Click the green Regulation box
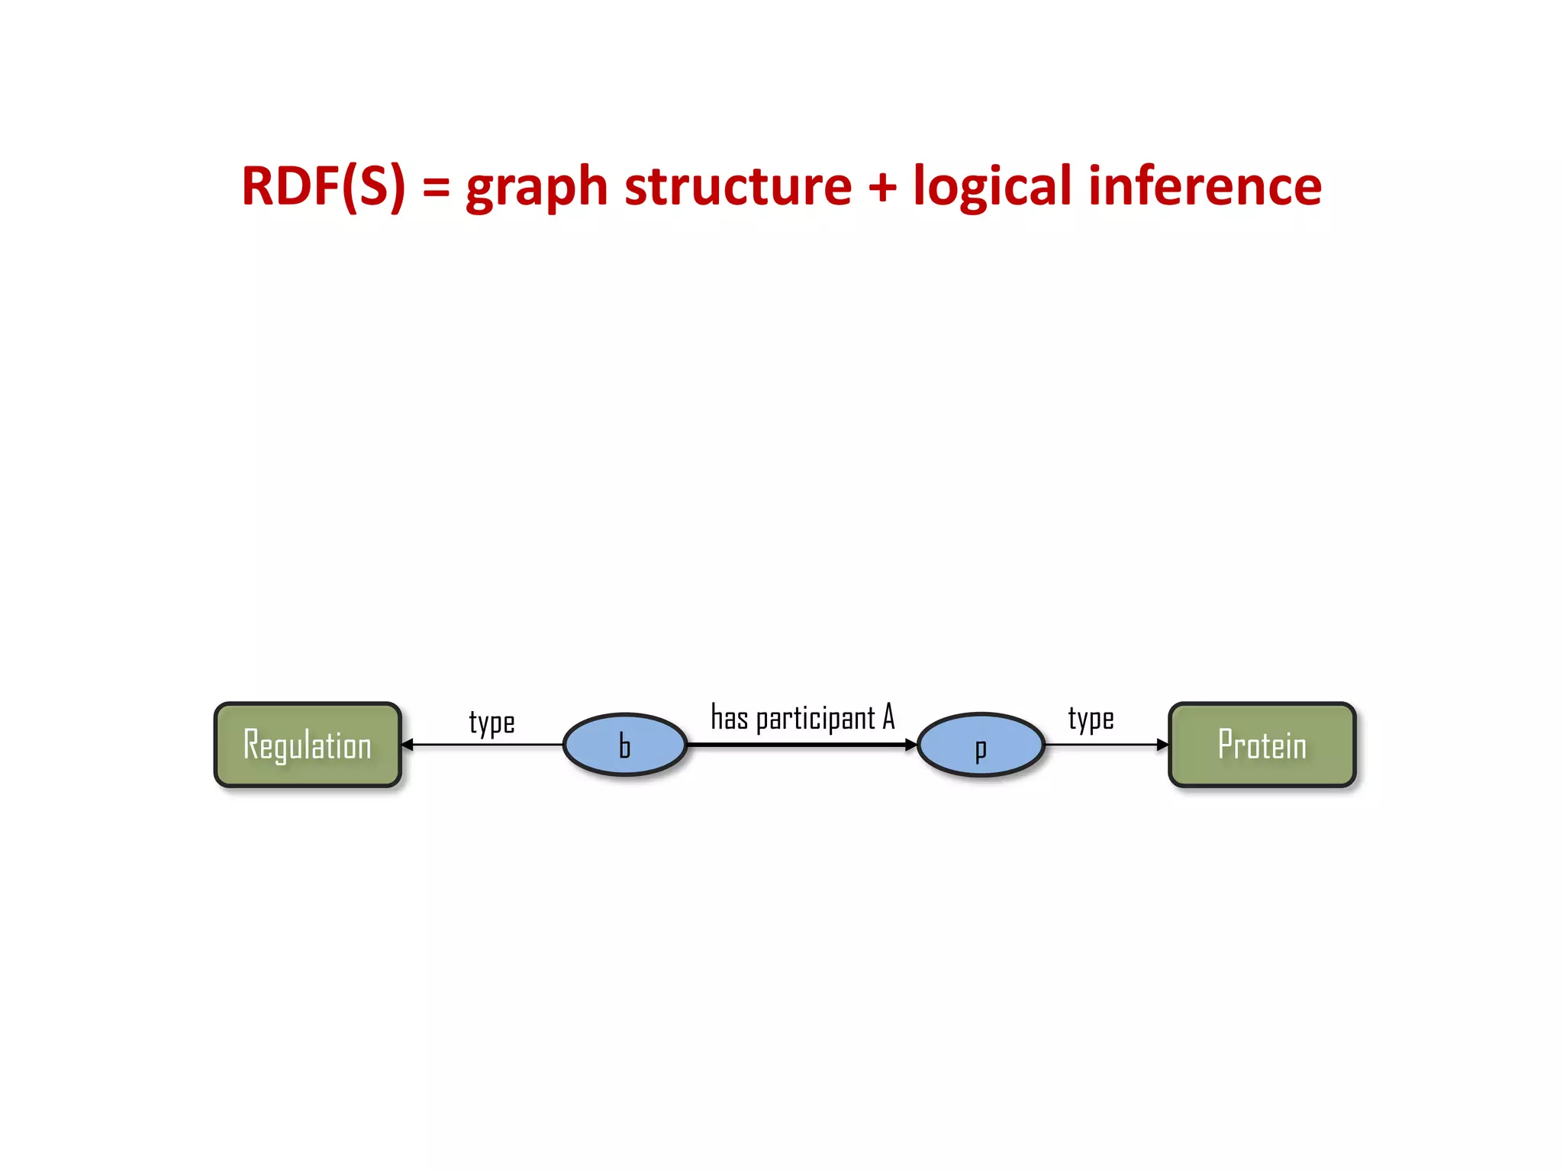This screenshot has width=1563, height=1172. click(308, 745)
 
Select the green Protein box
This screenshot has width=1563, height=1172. click(1262, 745)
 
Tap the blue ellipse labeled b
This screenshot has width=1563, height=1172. click(625, 745)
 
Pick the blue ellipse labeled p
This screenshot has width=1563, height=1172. click(981, 745)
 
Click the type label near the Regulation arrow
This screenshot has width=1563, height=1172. click(491, 722)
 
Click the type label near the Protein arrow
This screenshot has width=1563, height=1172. click(1091, 719)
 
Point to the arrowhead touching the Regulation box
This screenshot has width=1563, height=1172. click(408, 745)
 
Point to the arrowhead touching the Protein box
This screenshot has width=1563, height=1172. click(1162, 745)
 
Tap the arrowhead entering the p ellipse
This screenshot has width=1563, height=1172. click(910, 745)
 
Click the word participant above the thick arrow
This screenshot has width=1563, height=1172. click(815, 719)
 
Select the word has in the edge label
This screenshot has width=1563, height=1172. click(729, 717)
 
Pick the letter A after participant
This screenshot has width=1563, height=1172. click(888, 717)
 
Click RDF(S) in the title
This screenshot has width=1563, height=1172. click(323, 186)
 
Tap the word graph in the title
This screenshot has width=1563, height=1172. click(537, 188)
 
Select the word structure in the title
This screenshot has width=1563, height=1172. click(737, 186)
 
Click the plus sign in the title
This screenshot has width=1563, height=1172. click(882, 188)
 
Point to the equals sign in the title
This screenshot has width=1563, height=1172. click(436, 188)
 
